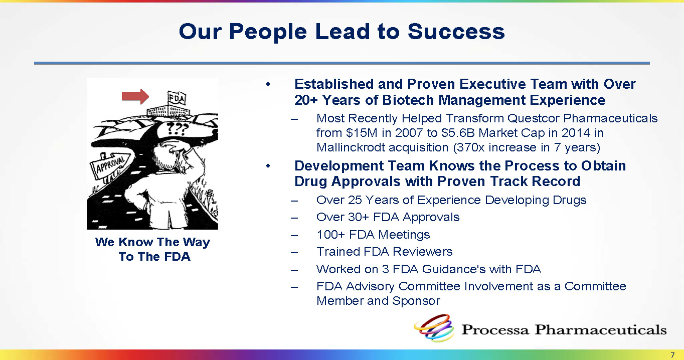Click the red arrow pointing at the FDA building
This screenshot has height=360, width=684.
[x=135, y=96]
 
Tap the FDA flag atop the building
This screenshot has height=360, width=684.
[x=177, y=98]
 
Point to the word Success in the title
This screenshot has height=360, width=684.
[x=456, y=32]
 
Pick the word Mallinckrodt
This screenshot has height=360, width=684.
[x=351, y=147]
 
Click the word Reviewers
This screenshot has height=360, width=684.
[x=422, y=252]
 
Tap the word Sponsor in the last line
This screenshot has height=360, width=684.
[x=416, y=301]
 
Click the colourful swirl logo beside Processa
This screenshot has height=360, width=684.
[x=434, y=327]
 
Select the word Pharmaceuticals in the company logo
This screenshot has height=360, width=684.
[x=600, y=330]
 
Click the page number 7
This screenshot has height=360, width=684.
[x=672, y=355]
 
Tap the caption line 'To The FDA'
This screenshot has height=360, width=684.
[x=154, y=257]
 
